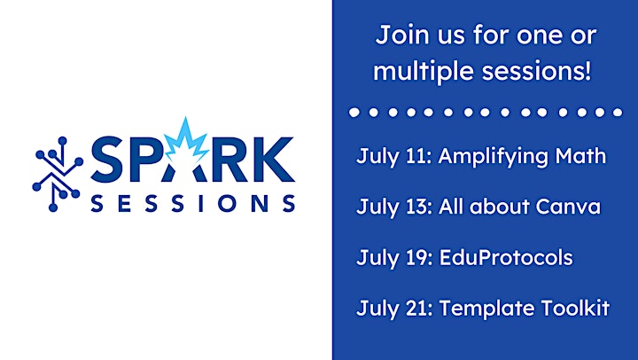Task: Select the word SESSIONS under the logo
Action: tap(193, 203)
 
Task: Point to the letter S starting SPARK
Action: tap(107, 160)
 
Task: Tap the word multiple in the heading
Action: tap(424, 71)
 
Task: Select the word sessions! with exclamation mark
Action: tap(536, 70)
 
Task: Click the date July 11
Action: tap(393, 157)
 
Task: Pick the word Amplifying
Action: tap(494, 157)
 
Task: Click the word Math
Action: tap(580, 156)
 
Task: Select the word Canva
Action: tap(568, 207)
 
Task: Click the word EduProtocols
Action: tap(506, 258)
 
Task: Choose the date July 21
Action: tap(394, 309)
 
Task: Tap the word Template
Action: tap(487, 309)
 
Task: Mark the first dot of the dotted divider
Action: tap(354, 113)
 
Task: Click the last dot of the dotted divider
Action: tap(618, 112)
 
